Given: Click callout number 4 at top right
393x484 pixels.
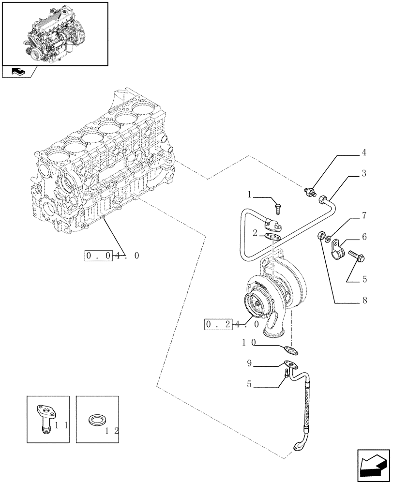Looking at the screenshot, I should (x=363, y=153).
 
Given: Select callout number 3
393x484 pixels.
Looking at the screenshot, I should (x=363, y=173).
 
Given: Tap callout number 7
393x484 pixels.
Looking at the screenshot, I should (x=363, y=214).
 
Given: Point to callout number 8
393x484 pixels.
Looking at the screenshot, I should (x=363, y=300).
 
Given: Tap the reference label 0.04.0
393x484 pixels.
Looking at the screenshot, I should (x=112, y=255).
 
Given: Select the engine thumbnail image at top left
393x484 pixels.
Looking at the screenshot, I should (x=54, y=33).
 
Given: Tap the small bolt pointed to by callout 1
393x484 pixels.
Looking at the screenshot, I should (x=277, y=209).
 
